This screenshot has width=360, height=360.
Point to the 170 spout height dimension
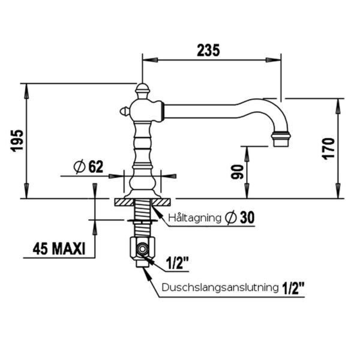(327, 148)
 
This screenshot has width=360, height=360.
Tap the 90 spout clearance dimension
(236, 172)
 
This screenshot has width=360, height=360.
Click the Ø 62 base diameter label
(88, 167)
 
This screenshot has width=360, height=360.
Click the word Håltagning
(195, 217)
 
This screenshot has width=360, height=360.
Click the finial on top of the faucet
(142, 90)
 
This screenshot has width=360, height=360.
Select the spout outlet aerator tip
(280, 139)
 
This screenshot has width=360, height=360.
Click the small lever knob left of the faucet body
(124, 110)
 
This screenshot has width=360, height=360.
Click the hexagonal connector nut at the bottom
(143, 248)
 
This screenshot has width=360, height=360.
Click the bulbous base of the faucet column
(142, 181)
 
